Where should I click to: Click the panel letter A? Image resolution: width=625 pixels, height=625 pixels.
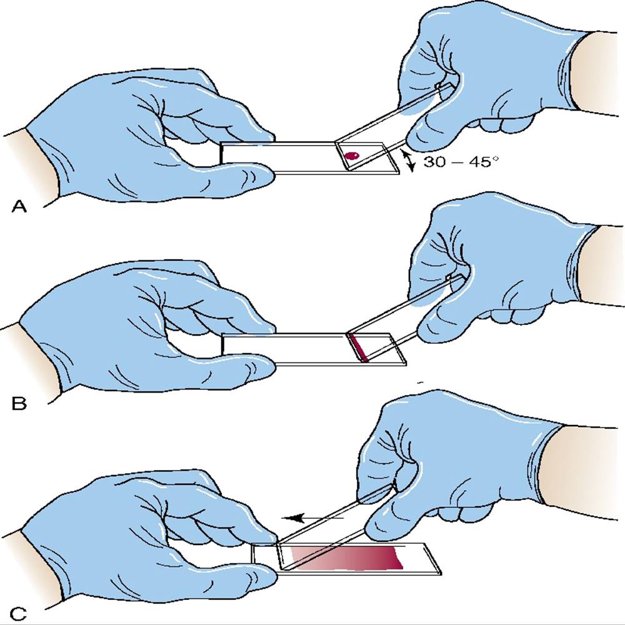[x=19, y=206]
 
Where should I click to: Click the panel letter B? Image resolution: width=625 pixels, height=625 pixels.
[x=19, y=404]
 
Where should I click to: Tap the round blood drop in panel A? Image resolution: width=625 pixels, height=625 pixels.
[x=351, y=156]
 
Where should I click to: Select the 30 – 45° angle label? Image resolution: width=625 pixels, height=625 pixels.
[x=461, y=161]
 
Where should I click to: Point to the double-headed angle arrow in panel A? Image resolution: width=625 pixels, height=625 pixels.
[x=407, y=161]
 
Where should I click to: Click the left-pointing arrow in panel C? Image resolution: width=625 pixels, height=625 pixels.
[x=312, y=517]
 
